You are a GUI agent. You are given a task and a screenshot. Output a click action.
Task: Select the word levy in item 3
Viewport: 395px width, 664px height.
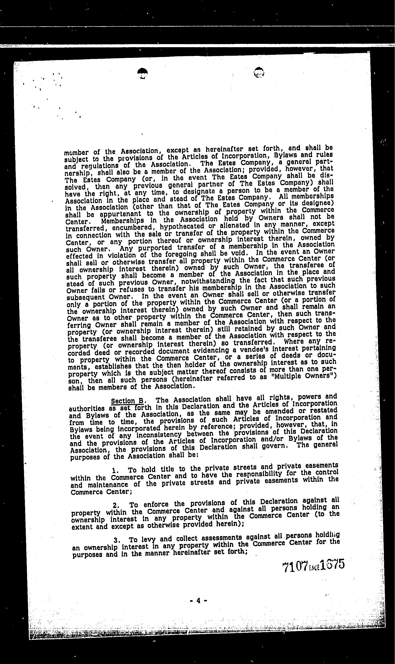149,539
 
